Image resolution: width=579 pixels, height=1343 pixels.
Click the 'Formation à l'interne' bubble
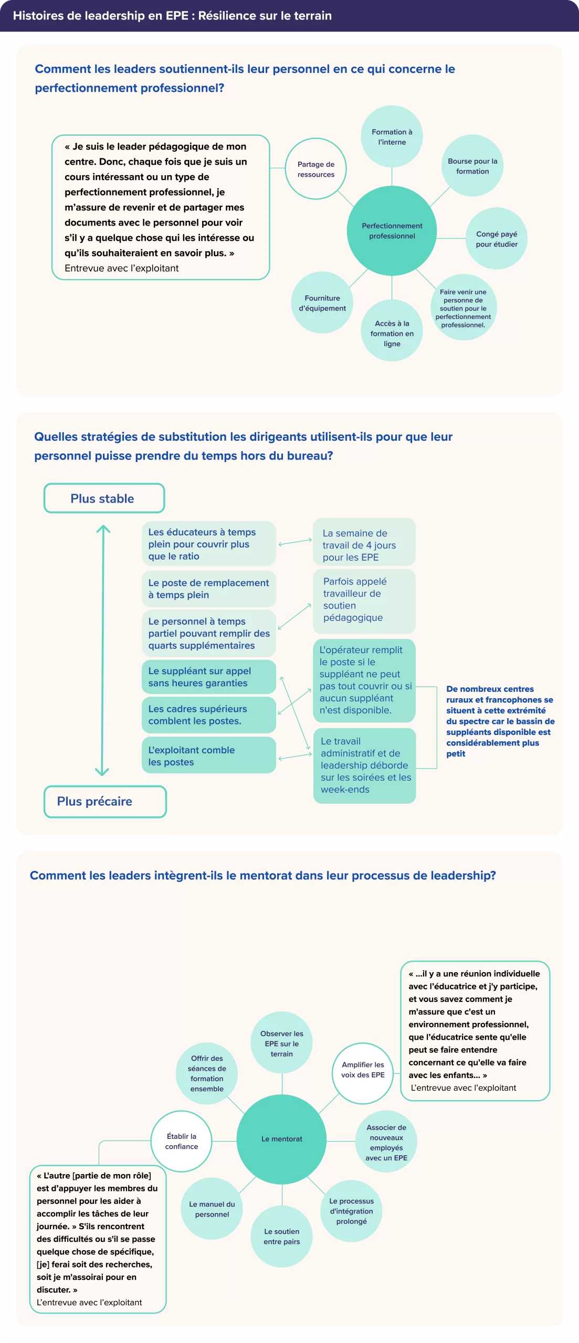392,136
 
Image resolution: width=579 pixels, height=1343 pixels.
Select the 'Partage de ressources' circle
315,169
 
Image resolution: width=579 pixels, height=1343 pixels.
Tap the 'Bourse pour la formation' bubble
472,166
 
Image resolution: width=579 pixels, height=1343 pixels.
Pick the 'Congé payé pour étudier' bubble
497,239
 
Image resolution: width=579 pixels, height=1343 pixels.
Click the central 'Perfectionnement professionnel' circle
392,231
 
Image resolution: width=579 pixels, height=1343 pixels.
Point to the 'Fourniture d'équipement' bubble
322,303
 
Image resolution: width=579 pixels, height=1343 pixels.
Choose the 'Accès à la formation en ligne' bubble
392,331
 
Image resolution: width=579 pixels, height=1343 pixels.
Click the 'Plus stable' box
104,498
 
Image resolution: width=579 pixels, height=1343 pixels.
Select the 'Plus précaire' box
105,801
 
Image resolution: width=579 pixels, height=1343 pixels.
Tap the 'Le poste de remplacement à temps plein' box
208,589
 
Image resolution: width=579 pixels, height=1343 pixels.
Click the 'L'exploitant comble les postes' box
208,755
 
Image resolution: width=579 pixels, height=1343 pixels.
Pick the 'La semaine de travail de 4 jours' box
364,542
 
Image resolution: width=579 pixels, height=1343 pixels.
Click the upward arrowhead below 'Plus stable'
103,529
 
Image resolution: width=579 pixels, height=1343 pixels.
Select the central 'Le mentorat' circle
282,1139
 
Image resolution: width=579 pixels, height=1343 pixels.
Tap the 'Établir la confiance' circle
182,1141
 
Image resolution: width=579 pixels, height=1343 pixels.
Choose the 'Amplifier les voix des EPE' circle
363,1070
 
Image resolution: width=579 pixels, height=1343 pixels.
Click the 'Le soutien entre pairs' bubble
282,1236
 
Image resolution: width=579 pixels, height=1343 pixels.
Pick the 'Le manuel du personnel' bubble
212,1209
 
